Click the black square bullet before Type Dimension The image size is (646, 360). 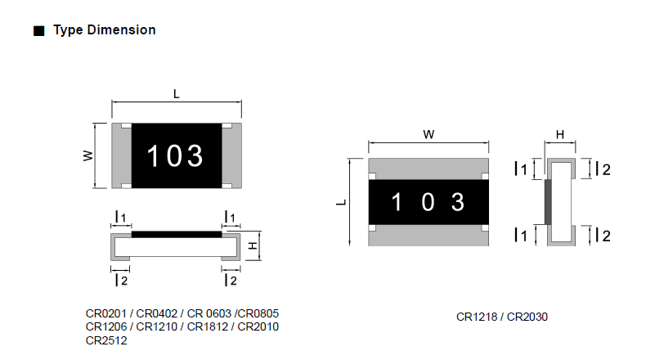[x=38, y=31]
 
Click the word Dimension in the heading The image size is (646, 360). [x=122, y=29]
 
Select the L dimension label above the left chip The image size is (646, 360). [x=177, y=94]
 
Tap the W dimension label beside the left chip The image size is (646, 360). [x=88, y=155]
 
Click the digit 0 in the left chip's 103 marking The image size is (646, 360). [x=175, y=156]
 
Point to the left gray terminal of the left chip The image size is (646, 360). [x=122, y=156]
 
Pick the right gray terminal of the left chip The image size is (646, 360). [x=231, y=156]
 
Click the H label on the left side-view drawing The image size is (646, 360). [x=253, y=246]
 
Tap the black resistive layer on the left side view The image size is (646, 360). [x=177, y=234]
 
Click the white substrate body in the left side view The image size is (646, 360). [x=176, y=247]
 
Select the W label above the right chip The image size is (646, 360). [x=428, y=134]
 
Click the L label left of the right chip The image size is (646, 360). [x=341, y=202]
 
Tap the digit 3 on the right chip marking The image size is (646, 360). [x=458, y=202]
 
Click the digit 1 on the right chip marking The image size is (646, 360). [x=397, y=202]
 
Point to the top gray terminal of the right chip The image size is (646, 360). [x=428, y=169]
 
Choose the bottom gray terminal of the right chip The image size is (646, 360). [x=428, y=236]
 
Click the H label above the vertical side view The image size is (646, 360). [x=560, y=134]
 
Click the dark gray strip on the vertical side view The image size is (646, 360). [x=548, y=202]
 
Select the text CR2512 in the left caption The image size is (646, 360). [x=106, y=340]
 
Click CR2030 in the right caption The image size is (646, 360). [x=527, y=317]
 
